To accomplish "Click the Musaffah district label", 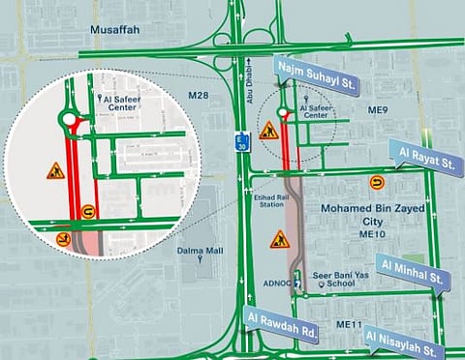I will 115,30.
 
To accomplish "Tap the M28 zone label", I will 200,95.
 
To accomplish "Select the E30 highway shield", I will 242,139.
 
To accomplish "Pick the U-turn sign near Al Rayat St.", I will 376,181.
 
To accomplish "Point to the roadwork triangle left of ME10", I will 278,238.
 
